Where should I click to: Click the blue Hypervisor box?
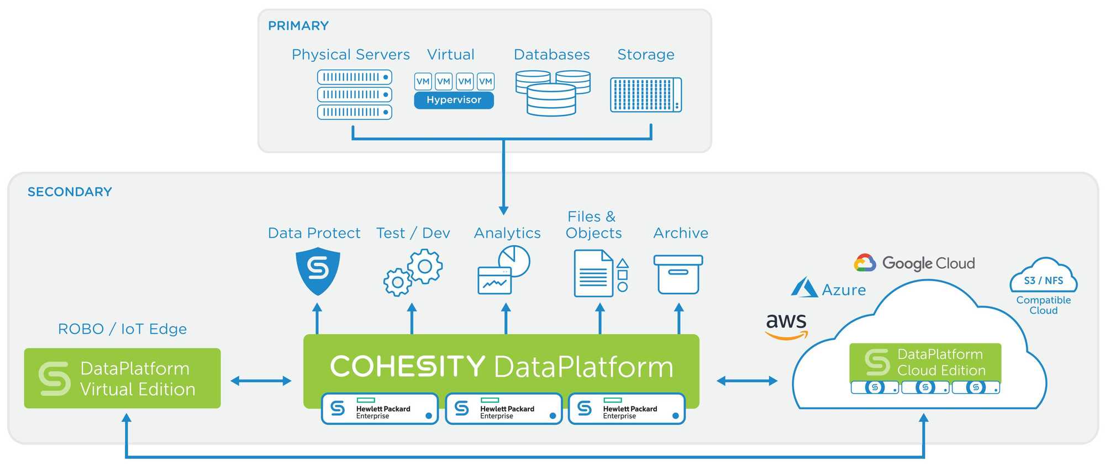pyautogui.click(x=454, y=100)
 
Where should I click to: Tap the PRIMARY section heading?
pyautogui.click(x=298, y=26)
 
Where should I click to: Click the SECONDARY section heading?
pyautogui.click(x=70, y=192)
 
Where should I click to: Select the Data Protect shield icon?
pyautogui.click(x=318, y=271)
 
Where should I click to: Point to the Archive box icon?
pyautogui.click(x=678, y=274)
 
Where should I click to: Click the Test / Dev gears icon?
pyautogui.click(x=413, y=272)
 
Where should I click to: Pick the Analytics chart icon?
pyautogui.click(x=503, y=270)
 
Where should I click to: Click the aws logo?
pyautogui.click(x=786, y=325)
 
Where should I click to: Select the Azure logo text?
pyautogui.click(x=843, y=290)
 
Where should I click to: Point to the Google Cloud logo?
pyautogui.click(x=914, y=263)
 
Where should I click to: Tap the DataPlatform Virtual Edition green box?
pyautogui.click(x=122, y=378)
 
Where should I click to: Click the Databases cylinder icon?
pyautogui.click(x=552, y=92)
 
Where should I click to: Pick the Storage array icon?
pyautogui.click(x=645, y=95)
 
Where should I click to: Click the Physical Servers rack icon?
pyautogui.click(x=354, y=94)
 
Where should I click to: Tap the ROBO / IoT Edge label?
pyautogui.click(x=122, y=329)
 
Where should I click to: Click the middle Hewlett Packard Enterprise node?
pyautogui.click(x=503, y=409)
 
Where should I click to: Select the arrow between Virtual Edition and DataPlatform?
pyautogui.click(x=261, y=381)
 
